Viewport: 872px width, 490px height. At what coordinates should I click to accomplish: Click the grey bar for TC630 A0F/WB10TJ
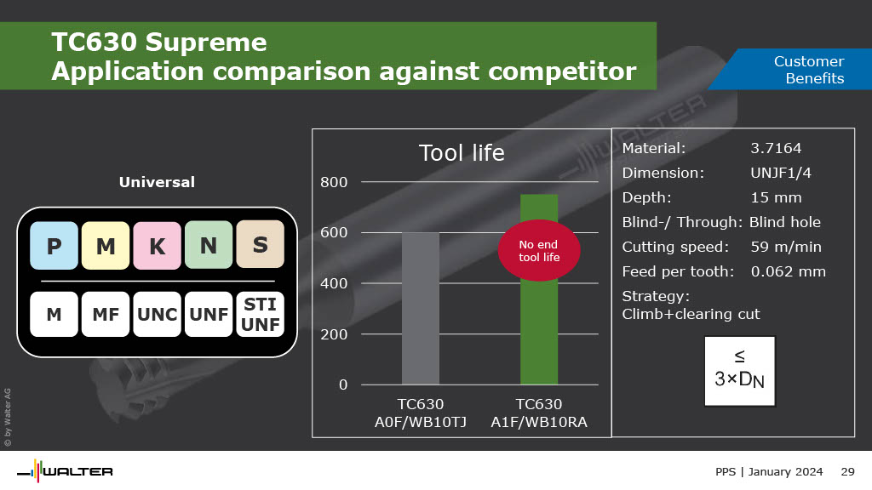click(421, 308)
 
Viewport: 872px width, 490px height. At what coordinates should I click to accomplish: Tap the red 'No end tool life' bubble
click(539, 251)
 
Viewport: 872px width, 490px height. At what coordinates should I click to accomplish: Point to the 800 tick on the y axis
click(334, 182)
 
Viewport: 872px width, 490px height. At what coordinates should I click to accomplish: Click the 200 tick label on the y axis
click(334, 333)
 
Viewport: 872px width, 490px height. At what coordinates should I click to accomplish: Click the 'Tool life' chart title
click(462, 153)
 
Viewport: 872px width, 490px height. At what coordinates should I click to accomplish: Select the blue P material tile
click(54, 246)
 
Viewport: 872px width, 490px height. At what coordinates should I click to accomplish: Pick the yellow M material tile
click(106, 246)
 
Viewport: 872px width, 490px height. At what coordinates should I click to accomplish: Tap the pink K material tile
click(158, 246)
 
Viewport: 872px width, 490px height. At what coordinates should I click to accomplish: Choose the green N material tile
click(209, 245)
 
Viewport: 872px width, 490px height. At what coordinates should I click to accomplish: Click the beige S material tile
click(261, 244)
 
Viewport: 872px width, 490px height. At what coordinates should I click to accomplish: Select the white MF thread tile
click(106, 315)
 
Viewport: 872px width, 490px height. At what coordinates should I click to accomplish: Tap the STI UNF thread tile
click(261, 315)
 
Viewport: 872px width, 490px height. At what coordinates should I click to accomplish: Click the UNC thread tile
click(158, 315)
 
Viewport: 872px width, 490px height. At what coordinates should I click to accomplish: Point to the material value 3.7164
click(776, 148)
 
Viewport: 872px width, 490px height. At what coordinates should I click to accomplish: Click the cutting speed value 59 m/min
click(786, 247)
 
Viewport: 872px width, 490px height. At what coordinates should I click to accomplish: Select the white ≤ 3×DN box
click(740, 371)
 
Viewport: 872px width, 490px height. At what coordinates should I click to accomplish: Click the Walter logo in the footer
click(65, 471)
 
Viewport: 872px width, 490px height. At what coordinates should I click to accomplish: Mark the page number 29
click(847, 471)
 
